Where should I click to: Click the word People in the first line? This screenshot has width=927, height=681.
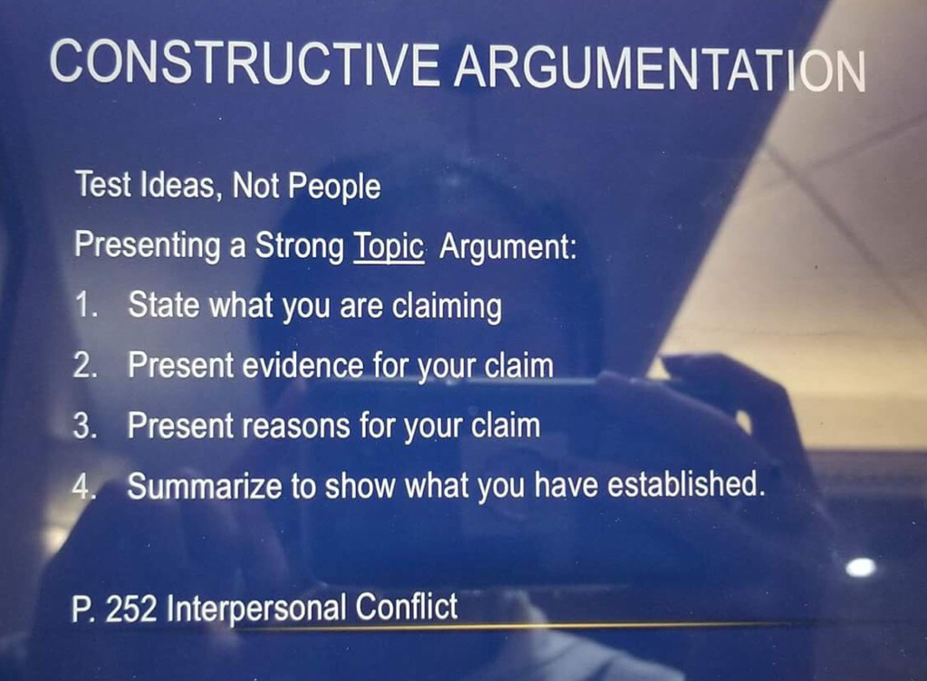[x=334, y=187]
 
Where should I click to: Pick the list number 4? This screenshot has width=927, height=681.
[x=84, y=486]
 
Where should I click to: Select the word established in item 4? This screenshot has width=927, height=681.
[x=684, y=484]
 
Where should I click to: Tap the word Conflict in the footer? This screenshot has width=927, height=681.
[x=406, y=607]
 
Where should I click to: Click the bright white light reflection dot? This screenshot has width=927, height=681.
[x=860, y=567]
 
